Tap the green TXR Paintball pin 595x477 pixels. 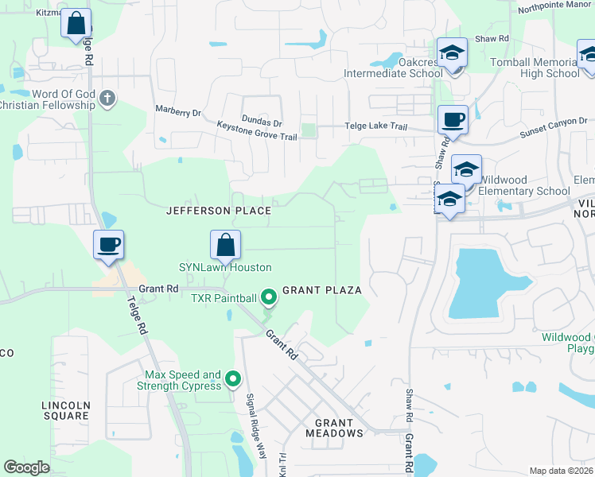tap(269, 298)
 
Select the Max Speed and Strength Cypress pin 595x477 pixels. tap(233, 380)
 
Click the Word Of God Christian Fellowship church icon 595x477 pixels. tap(107, 99)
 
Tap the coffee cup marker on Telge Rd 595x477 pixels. tap(108, 244)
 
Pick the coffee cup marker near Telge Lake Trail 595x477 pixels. tap(453, 120)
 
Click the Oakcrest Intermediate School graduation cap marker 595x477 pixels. tap(452, 53)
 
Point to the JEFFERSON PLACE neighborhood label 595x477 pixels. tap(218, 211)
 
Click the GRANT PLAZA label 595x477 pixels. tap(322, 290)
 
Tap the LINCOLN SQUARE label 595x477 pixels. tap(66, 410)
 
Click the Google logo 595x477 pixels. tap(26, 467)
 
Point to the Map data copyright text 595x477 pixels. tap(560, 471)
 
